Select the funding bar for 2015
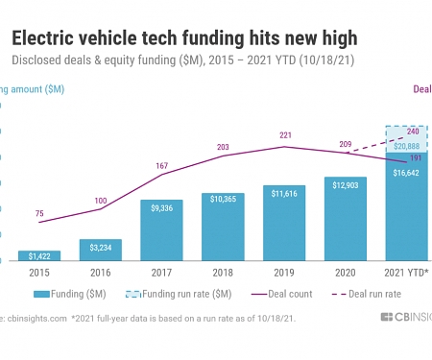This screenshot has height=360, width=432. [x=39, y=255]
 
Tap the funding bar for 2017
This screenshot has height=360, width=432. [x=161, y=229]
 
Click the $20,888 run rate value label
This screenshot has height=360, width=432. [x=406, y=144]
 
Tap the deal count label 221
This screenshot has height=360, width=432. [x=284, y=135]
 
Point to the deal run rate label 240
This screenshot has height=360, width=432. [x=413, y=130]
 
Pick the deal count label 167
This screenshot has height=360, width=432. [x=161, y=166]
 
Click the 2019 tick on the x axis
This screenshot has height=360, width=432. [x=284, y=272]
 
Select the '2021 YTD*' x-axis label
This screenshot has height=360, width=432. [x=406, y=272]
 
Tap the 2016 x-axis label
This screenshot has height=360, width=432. [x=101, y=272]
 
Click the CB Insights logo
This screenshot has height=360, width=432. [x=398, y=317]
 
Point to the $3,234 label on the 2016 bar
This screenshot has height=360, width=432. [x=101, y=248]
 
